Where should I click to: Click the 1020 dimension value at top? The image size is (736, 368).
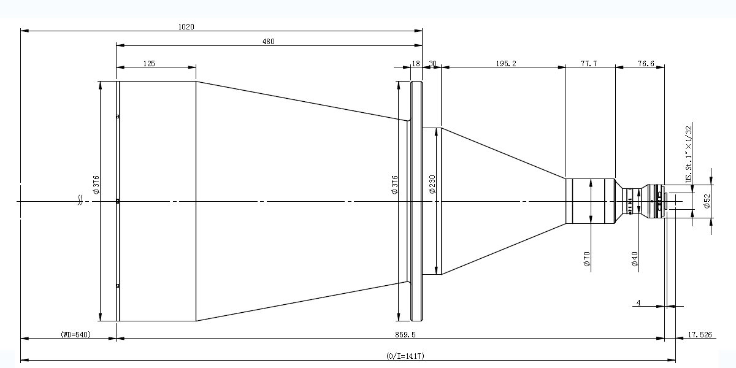(186, 26)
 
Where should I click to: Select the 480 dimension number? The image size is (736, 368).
(268, 42)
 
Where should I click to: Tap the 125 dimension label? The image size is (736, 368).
(149, 63)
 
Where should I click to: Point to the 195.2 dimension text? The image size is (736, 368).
(506, 63)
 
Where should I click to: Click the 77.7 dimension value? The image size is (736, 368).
(589, 63)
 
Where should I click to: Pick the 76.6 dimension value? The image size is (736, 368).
(646, 63)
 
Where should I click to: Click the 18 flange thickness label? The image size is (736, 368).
(416, 63)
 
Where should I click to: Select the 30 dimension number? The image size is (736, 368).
(433, 63)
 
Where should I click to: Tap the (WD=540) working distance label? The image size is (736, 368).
(75, 334)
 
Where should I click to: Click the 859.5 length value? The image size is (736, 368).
(405, 334)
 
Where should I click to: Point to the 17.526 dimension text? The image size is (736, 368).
(700, 334)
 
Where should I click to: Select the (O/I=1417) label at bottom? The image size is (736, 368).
(405, 356)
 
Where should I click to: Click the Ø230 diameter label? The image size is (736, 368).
(432, 185)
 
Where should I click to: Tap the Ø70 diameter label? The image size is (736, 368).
(587, 259)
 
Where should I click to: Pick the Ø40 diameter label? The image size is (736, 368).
(634, 259)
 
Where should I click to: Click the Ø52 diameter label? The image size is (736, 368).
(707, 201)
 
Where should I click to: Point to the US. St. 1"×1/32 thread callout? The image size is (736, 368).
(689, 155)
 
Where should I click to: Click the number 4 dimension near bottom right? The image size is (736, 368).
(638, 302)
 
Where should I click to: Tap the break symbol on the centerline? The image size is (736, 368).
(80, 200)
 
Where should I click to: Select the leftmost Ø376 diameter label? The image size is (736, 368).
(96, 185)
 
